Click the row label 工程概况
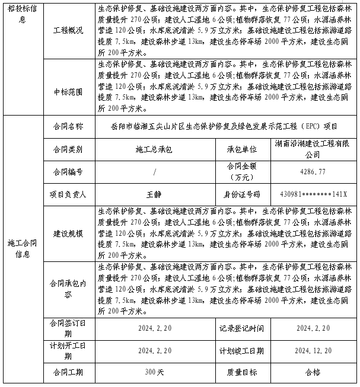click(68, 30)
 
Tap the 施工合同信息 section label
click(23, 249)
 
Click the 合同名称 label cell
click(68, 126)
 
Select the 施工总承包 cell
click(154, 150)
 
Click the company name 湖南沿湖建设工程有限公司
click(313, 149)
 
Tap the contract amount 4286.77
click(313, 172)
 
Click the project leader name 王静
click(154, 194)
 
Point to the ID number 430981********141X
click(313, 194)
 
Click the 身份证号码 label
click(241, 194)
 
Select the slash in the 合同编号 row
click(154, 172)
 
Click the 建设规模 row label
click(68, 234)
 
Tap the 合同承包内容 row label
click(68, 289)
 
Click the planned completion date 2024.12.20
click(313, 351)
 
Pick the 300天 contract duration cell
click(154, 372)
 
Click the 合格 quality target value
click(313, 372)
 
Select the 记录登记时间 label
click(241, 328)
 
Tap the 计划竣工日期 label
click(241, 351)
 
